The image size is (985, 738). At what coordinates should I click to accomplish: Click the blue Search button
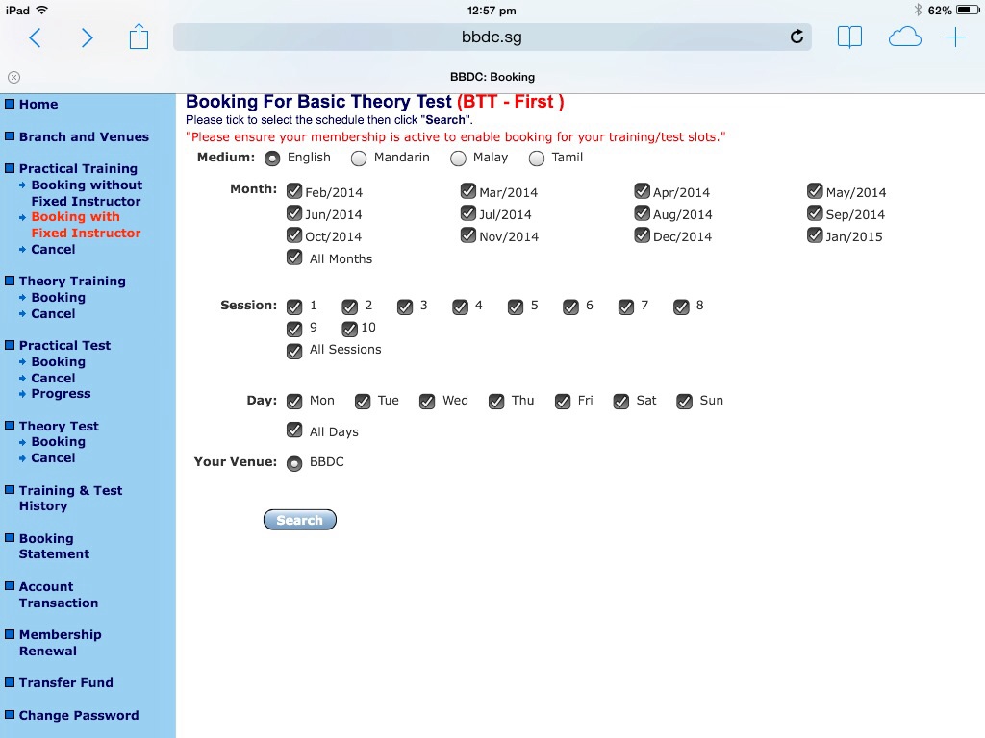(300, 520)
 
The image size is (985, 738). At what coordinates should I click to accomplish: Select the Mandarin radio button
(359, 159)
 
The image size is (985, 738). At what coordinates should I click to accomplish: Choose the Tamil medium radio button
(537, 159)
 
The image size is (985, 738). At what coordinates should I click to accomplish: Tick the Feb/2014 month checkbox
(294, 191)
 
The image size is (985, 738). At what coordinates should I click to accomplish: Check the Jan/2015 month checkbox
(815, 235)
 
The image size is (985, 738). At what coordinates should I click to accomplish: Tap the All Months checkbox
(294, 258)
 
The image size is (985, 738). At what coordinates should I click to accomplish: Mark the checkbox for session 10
(349, 329)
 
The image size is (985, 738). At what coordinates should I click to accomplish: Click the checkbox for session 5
(516, 307)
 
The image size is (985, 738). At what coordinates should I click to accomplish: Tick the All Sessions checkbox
(294, 350)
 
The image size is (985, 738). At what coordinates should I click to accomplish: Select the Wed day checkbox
(427, 401)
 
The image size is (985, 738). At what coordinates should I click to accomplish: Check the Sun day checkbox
(684, 401)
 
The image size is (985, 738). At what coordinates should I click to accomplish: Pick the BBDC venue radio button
(294, 464)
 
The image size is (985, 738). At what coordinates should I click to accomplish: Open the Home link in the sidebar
(38, 104)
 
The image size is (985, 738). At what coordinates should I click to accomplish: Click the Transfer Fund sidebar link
(66, 682)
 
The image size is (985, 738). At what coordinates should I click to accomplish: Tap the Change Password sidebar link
(79, 715)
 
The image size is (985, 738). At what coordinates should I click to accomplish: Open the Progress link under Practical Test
(61, 393)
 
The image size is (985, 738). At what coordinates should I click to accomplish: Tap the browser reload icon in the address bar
(796, 37)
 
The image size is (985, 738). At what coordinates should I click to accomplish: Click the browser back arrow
(36, 37)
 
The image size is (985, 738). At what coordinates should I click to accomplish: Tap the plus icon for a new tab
(955, 37)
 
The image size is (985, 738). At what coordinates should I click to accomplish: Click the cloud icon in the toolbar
(904, 37)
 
